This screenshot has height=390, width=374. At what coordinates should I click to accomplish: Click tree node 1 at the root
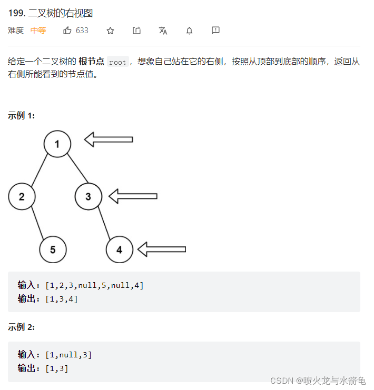pos(57,144)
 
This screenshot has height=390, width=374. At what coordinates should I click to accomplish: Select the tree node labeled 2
pos(22,197)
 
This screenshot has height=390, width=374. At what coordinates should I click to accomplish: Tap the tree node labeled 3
pos(88,196)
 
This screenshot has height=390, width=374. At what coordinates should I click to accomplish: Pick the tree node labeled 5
pos(53,249)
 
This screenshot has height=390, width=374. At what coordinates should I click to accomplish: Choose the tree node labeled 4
pos(119,249)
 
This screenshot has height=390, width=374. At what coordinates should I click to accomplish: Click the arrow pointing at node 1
pos(109,139)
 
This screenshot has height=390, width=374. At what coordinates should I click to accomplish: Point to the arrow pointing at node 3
pos(133,196)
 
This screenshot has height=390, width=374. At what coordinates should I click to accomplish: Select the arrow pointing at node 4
pos(161,249)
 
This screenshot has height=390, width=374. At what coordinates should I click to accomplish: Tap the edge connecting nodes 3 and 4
pos(104,223)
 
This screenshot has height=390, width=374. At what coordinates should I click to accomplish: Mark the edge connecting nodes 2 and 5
pos(37,223)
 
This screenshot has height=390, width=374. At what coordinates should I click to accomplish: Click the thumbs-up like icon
pos(67,31)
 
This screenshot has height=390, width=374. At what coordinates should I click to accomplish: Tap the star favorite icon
pos(110,31)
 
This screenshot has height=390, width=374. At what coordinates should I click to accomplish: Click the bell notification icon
pos(189,31)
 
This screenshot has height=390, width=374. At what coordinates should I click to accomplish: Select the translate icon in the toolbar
pos(163,31)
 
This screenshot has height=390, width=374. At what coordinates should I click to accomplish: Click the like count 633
pos(82,31)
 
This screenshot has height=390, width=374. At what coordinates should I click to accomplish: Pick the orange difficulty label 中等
pos(38,31)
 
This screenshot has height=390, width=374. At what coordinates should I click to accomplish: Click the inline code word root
pos(117,62)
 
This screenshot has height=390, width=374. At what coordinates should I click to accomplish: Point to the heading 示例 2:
pos(22,327)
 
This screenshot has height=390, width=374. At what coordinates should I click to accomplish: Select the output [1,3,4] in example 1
pos(62,298)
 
